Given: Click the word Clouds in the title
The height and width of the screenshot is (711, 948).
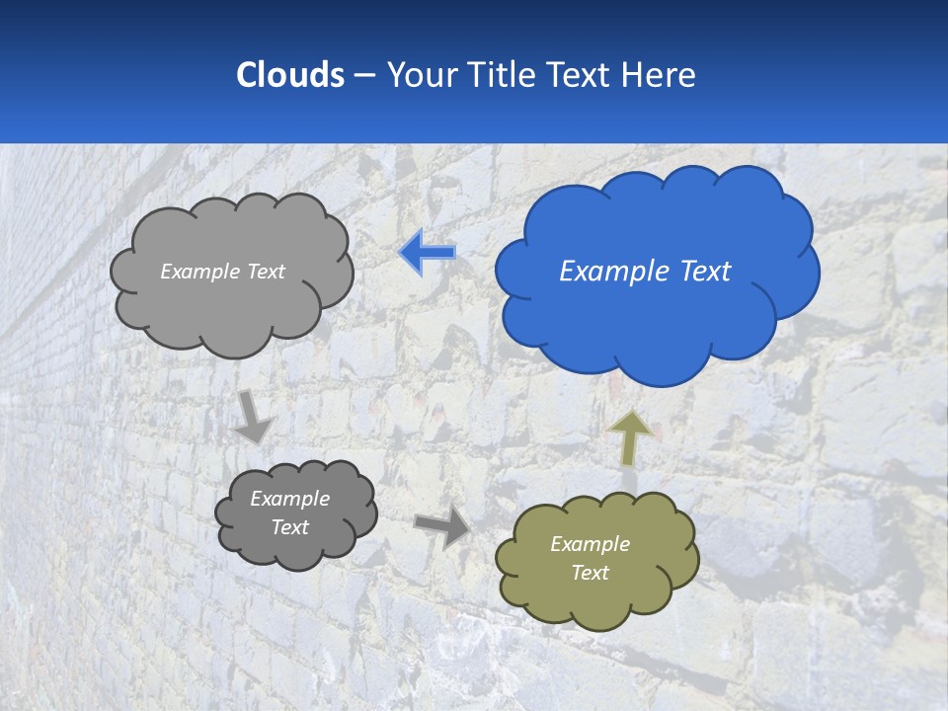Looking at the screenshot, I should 289,74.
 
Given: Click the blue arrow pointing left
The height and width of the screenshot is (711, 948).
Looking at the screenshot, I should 427,254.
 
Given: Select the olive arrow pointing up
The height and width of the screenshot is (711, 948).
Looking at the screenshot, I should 630,437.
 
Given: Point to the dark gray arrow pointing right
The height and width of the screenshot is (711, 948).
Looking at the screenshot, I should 442,527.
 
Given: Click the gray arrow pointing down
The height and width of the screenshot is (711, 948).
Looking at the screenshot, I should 253,416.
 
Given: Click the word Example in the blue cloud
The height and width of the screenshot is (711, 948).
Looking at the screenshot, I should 612,272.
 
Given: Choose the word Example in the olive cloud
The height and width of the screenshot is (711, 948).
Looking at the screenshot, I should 590,544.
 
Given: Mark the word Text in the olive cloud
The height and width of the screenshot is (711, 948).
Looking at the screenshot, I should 590,573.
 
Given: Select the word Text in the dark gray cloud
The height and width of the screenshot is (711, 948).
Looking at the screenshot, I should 289,527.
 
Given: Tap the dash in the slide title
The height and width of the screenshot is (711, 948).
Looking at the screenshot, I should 364,75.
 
